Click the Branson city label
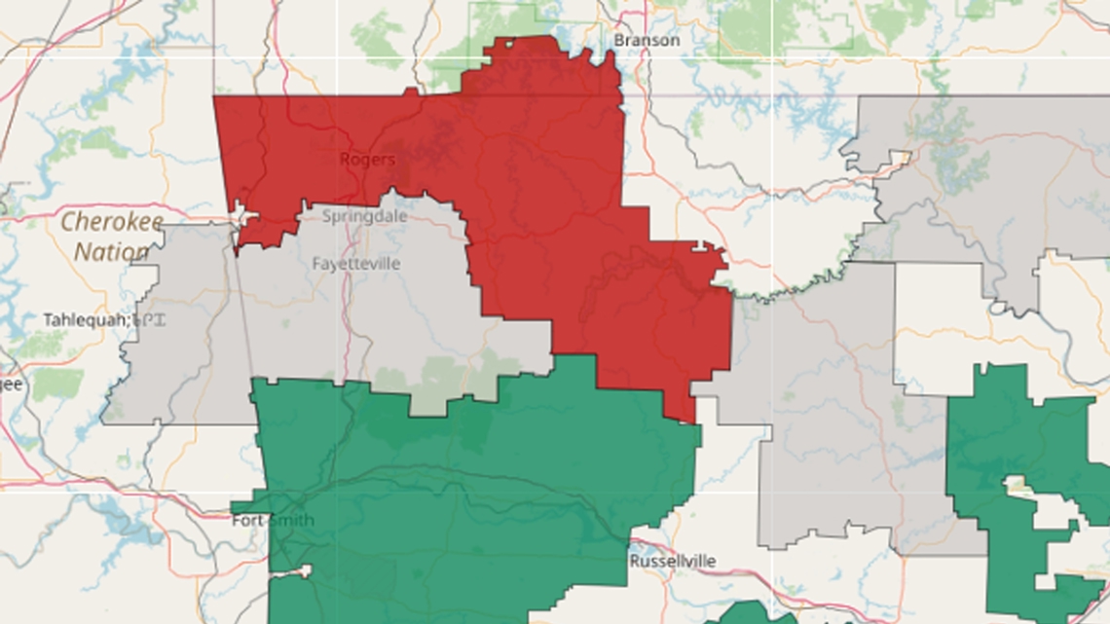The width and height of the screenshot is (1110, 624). click(646, 40)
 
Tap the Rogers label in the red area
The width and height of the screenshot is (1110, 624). click(367, 160)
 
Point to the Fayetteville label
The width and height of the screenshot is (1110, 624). click(355, 264)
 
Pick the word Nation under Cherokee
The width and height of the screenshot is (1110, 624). click(112, 252)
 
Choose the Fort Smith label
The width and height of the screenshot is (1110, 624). click(273, 520)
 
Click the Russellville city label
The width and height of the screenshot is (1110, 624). click(672, 562)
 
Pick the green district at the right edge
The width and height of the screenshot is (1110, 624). click(993, 428)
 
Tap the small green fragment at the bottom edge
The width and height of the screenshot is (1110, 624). click(750, 613)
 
